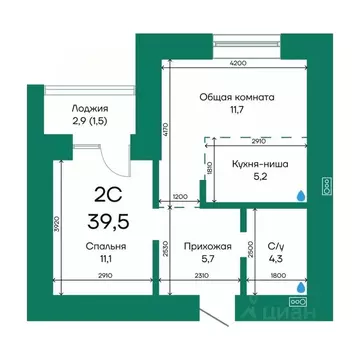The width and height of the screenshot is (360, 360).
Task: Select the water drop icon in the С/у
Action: coord(299,286)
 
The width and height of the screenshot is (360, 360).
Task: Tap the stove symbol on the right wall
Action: coord(326,184)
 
